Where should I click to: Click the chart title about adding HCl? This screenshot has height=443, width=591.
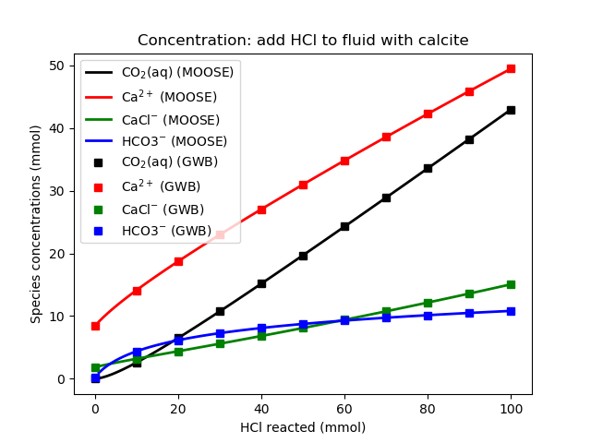[302, 41]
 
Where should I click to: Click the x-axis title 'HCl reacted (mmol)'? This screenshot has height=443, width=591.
[303, 427]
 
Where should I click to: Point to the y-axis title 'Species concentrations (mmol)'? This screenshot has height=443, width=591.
[36, 224]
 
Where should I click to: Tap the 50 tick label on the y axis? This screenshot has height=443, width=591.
[56, 66]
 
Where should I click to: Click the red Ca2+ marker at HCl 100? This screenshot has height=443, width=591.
[511, 68]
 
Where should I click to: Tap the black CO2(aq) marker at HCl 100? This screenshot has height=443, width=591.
[511, 110]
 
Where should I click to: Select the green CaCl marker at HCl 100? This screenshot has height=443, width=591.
[511, 284]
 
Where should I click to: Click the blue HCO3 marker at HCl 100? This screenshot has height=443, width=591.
[511, 311]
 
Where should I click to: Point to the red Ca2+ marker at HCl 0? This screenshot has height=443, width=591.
[95, 326]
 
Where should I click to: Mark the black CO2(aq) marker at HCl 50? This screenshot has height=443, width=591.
[303, 256]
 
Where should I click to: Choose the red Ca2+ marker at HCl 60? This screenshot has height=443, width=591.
[344, 161]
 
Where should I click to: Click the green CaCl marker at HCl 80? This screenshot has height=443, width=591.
[428, 303]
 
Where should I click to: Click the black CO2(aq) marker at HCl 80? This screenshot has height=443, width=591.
[428, 168]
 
